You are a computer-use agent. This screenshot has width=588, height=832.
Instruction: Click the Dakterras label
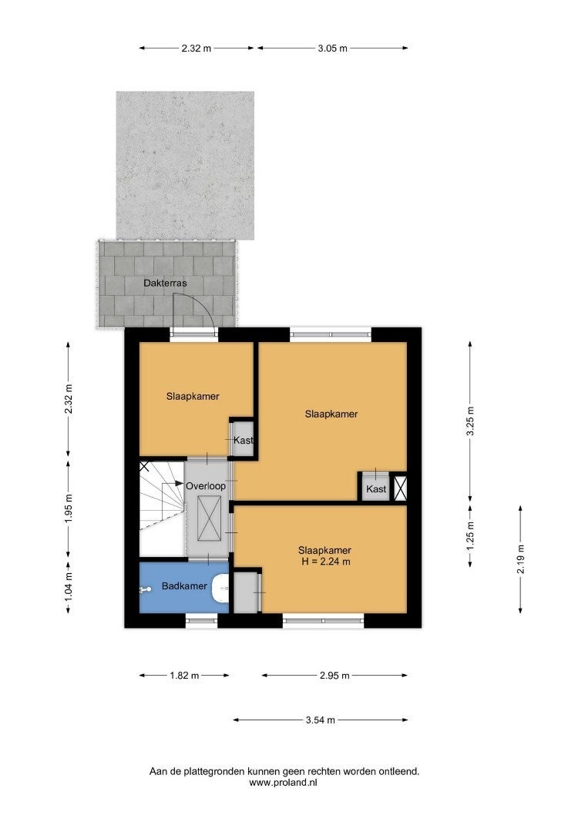165,283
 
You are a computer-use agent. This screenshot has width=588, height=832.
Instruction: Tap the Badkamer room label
184,585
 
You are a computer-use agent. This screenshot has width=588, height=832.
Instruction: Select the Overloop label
205,486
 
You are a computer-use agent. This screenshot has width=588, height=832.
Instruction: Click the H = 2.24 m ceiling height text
325,562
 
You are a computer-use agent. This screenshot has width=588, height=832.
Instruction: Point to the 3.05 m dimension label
333,49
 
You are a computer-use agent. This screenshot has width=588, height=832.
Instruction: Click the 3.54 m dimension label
321,720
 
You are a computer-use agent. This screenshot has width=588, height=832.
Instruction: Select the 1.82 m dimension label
184,676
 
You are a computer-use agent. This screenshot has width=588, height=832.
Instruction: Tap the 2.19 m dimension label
521,559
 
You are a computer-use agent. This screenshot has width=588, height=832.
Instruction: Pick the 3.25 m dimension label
470,421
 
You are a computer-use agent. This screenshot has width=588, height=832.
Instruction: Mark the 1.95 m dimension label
69,508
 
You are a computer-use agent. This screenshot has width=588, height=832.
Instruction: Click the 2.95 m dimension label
334,676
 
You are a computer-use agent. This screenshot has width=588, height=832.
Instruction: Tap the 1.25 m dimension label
470,536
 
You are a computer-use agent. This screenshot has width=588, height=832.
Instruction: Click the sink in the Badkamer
220,589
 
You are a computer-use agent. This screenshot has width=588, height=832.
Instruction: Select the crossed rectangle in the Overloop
209,518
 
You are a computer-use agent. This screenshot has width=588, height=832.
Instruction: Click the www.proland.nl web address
283,782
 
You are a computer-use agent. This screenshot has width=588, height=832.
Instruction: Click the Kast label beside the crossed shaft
376,488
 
